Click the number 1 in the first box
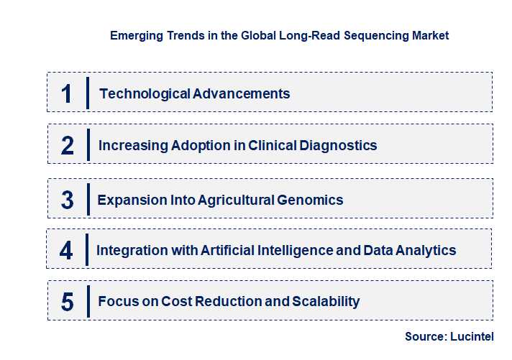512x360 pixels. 67,93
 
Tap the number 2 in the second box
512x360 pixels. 68,146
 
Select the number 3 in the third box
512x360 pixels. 68,200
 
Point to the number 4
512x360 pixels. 67,251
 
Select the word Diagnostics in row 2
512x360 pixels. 338,145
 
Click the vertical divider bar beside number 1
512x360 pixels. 87,93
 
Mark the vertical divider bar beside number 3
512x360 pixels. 87,199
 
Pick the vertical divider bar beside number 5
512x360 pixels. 87,301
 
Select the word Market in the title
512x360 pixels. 429,35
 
